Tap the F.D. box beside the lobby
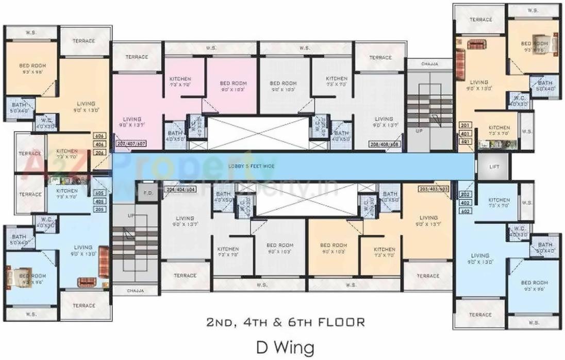(x=146, y=194)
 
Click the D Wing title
(x=285, y=347)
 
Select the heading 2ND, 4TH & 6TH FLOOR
(x=286, y=322)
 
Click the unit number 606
(x=99, y=136)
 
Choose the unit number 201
(x=464, y=126)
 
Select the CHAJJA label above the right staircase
(x=429, y=64)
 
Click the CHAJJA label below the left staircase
(x=136, y=291)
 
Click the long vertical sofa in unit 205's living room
(x=104, y=261)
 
